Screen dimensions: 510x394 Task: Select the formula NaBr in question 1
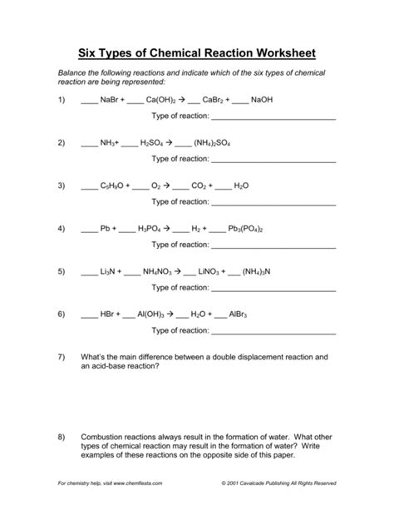click(x=111, y=100)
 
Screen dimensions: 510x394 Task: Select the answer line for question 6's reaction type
click(x=273, y=332)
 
